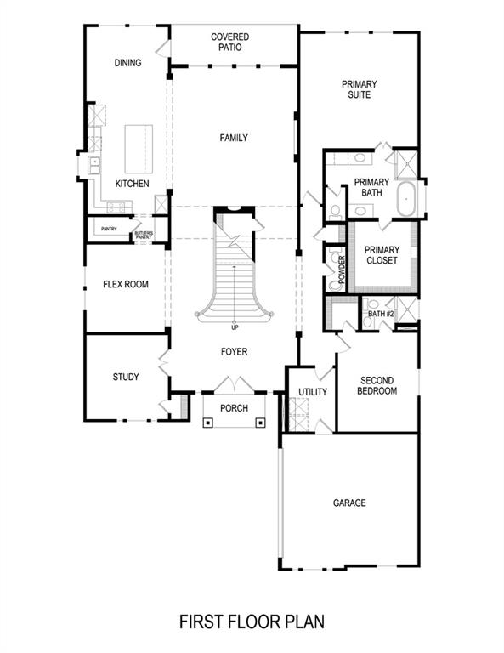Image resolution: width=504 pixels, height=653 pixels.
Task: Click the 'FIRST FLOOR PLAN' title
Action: point(251,622)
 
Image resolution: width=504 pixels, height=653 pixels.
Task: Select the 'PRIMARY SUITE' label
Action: point(360,89)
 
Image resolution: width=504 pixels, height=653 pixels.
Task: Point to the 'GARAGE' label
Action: point(349,503)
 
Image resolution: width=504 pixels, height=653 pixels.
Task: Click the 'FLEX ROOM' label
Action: point(126,284)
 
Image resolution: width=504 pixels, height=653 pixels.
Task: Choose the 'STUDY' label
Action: point(126,377)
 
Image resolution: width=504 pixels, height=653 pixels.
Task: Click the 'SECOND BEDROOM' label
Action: point(378,386)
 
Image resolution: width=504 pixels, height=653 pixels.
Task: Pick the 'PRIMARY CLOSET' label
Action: point(382,255)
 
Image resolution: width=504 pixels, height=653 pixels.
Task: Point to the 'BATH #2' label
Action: point(381,315)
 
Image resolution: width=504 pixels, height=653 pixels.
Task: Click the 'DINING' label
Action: point(127,63)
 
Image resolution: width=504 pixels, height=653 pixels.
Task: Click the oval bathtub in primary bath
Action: point(406,198)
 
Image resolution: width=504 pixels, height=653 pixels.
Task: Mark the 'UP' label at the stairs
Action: point(234,327)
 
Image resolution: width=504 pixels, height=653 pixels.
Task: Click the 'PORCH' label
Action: point(234,409)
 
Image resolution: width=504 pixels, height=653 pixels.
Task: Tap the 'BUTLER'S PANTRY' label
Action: point(142,234)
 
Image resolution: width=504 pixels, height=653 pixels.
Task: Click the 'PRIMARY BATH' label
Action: point(371,187)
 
